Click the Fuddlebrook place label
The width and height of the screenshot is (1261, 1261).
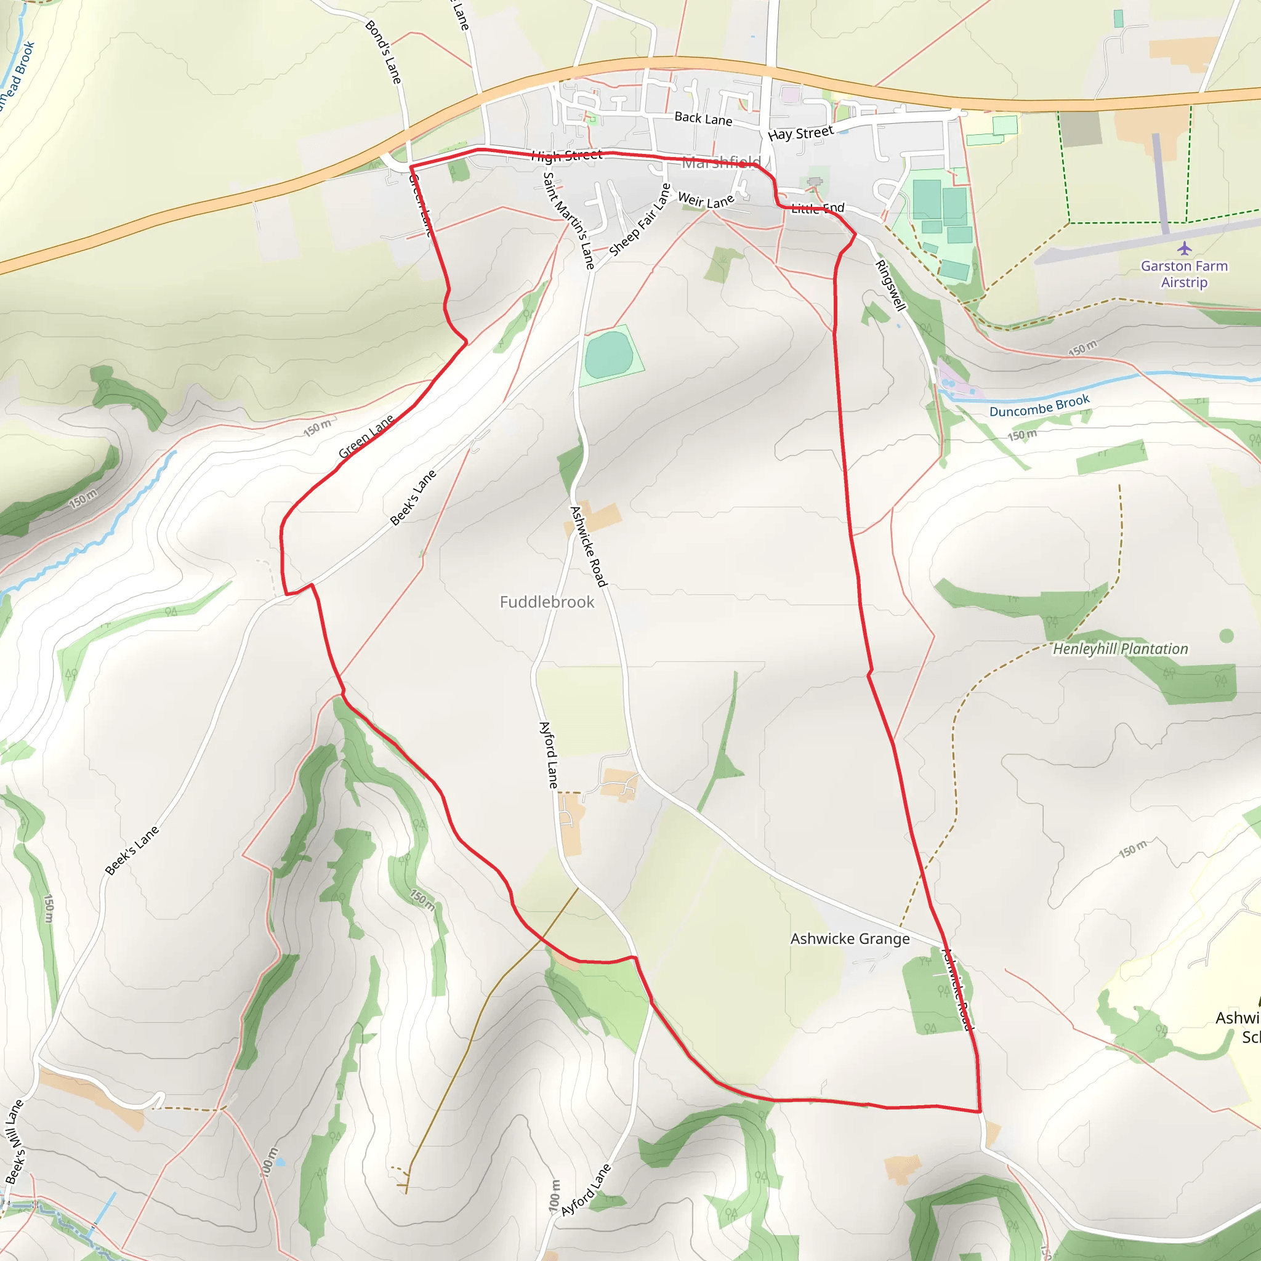click(547, 602)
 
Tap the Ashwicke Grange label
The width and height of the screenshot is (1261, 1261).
click(850, 938)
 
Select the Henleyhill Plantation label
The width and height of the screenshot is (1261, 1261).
click(1120, 649)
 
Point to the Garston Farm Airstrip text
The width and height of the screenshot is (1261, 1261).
click(1184, 274)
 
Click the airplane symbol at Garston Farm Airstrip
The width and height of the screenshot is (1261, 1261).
click(1185, 249)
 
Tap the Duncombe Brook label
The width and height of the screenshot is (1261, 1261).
click(1039, 406)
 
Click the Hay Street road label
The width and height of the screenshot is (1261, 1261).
click(801, 133)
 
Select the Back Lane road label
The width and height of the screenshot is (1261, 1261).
click(703, 118)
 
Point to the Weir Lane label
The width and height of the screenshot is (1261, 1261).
click(706, 200)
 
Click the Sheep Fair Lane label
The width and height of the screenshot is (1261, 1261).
click(640, 220)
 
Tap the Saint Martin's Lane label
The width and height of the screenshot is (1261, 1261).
click(568, 220)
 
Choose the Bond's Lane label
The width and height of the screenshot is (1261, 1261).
click(383, 52)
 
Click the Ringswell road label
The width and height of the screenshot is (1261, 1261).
click(890, 285)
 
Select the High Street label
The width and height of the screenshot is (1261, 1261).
click(566, 155)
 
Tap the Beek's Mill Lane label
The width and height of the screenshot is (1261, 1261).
click(14, 1142)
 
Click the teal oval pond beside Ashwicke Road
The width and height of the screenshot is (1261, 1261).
click(609, 355)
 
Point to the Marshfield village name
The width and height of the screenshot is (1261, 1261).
click(721, 162)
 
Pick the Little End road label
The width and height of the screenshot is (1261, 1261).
click(818, 208)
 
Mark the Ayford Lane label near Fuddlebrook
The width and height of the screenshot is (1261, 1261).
click(549, 754)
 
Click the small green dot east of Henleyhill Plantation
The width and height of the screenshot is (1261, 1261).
click(1227, 635)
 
